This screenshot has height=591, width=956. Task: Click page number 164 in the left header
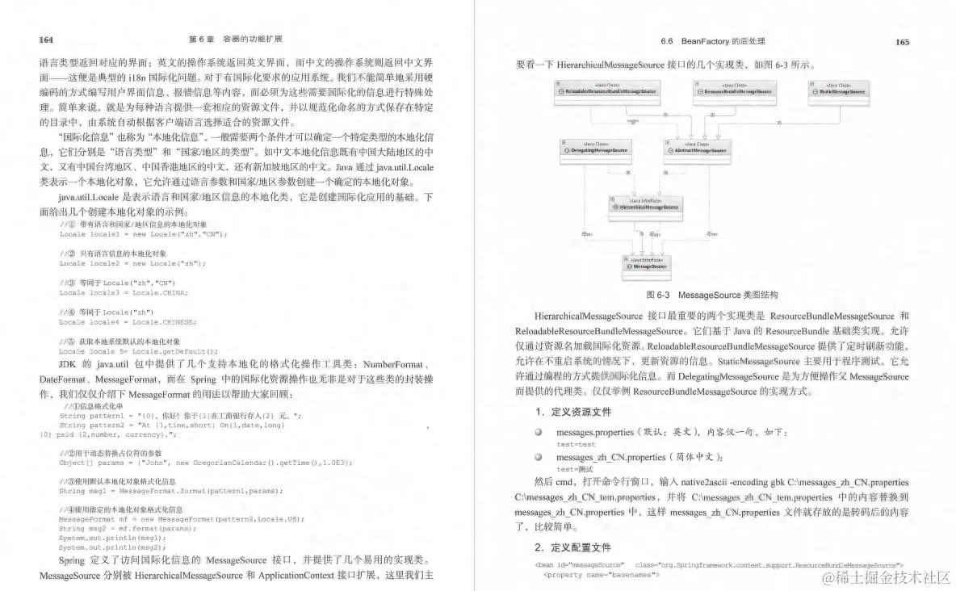46,39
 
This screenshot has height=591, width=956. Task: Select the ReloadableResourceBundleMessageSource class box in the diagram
606,90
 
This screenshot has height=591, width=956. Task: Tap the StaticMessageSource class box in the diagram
839,90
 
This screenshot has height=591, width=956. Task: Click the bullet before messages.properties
538,433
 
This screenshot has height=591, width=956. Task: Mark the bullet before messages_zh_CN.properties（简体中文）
538,458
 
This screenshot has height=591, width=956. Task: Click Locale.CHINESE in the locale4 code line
164,321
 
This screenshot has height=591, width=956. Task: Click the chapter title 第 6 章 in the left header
200,39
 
